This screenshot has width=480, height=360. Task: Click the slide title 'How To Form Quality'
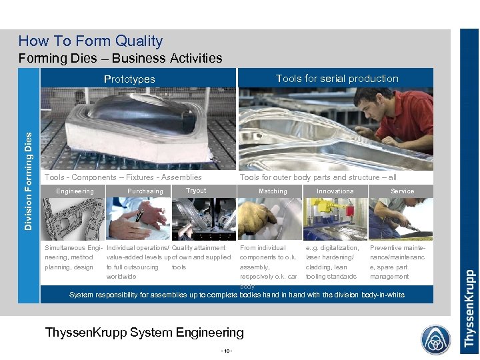pyautogui.click(x=91, y=41)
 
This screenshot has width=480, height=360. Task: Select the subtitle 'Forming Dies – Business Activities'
pyautogui.click(x=121, y=58)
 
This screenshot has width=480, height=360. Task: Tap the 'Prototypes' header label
pyautogui.click(x=129, y=79)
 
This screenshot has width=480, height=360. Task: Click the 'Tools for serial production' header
pyautogui.click(x=337, y=78)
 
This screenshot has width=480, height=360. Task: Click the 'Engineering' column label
pyautogui.click(x=75, y=191)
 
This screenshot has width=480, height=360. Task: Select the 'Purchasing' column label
pyautogui.click(x=145, y=191)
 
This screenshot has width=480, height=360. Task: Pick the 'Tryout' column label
pyautogui.click(x=196, y=191)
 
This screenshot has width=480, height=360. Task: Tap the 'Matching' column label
pyautogui.click(x=273, y=191)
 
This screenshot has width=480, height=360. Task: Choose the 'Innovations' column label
pyautogui.click(x=335, y=191)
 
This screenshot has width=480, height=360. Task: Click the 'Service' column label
pyautogui.click(x=402, y=191)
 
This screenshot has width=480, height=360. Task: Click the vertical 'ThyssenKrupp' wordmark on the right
pyautogui.click(x=469, y=308)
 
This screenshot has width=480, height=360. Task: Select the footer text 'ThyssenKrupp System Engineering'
pyautogui.click(x=144, y=332)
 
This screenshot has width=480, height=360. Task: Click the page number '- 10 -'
pyautogui.click(x=227, y=351)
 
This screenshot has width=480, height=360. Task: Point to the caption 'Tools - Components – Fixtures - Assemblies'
pyautogui.click(x=123, y=177)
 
